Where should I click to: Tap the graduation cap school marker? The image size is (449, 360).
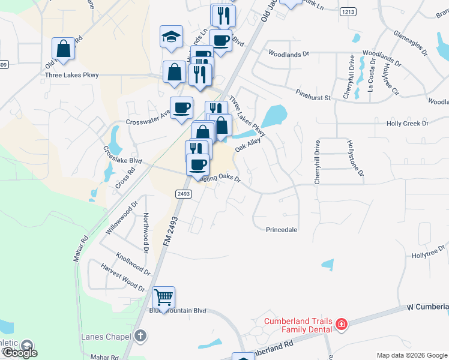(x=171, y=37)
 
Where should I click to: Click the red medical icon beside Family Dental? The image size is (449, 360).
(x=341, y=325)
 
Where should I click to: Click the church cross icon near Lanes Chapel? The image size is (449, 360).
(x=140, y=336)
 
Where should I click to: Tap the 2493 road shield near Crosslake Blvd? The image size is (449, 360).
(x=184, y=194)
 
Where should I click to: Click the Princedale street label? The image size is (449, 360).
(x=282, y=230)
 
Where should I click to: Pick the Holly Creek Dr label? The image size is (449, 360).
(x=408, y=124)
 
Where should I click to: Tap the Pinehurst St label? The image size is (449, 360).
(x=313, y=95)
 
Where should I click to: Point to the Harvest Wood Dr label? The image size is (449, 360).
(x=122, y=278)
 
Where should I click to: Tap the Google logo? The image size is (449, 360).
(x=19, y=353)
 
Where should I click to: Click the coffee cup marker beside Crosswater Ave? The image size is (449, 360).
(x=181, y=108)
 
